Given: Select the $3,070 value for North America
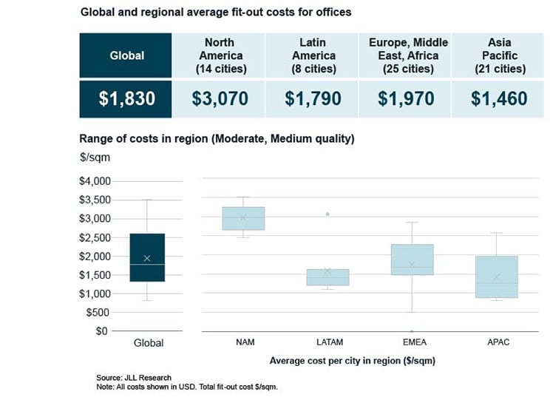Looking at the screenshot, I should (x=219, y=99).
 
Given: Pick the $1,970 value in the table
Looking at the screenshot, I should (x=405, y=99).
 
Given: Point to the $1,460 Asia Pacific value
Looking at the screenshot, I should (x=499, y=99).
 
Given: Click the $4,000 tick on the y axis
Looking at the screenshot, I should (x=94, y=181).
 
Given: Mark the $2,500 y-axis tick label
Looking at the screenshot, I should (x=94, y=237).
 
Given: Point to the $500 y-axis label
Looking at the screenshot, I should (x=99, y=312).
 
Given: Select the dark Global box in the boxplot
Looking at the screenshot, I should (x=148, y=257).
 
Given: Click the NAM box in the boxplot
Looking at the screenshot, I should (x=242, y=219).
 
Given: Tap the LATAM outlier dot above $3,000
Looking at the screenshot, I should (x=327, y=214).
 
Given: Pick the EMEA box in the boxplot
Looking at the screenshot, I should (x=412, y=259).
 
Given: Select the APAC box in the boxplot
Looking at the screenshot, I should (x=497, y=276).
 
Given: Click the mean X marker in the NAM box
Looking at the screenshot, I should (x=242, y=217).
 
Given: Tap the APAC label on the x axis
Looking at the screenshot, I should (x=497, y=342).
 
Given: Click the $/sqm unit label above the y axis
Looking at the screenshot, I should (x=93, y=158).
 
